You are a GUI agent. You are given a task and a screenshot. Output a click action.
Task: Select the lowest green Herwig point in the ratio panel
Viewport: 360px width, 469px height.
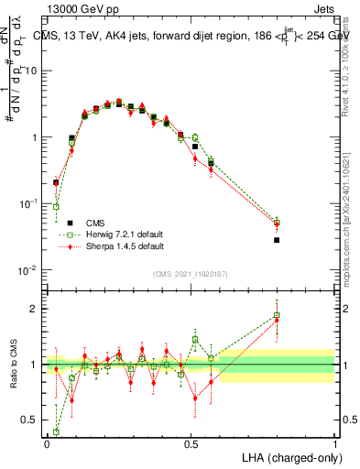[56, 431]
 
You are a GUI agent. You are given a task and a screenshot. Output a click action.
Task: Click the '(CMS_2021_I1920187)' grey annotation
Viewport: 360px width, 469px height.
[191, 274]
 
